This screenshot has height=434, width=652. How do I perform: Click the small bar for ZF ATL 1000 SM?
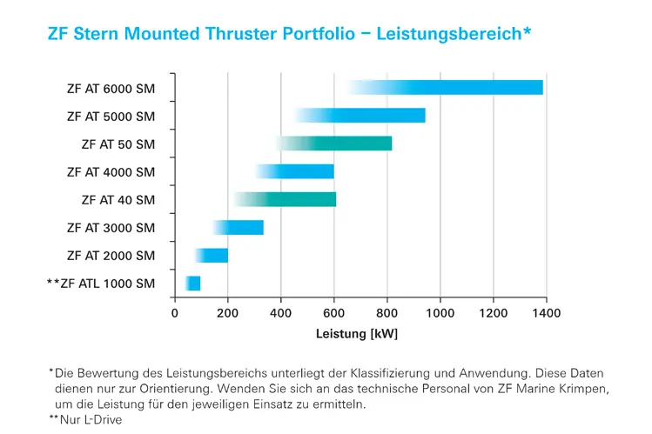click(x=193, y=284)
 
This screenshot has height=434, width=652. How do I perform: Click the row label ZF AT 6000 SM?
click(x=111, y=88)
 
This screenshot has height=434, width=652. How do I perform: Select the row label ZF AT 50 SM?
click(x=118, y=144)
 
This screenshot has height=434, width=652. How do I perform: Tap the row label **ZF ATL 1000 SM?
click(x=101, y=284)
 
